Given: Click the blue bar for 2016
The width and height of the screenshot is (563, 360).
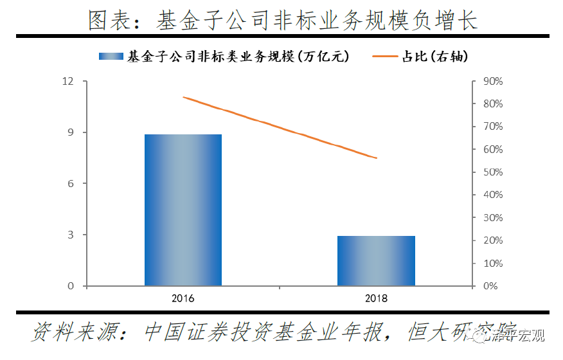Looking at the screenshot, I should tap(183, 210).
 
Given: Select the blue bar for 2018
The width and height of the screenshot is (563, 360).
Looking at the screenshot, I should tap(376, 260).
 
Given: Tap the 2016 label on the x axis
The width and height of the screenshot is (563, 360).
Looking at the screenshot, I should tap(183, 299).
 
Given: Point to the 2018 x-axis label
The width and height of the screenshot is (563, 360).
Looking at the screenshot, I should tap(376, 299).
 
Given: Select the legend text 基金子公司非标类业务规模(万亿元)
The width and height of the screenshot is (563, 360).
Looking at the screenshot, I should tap(238, 57).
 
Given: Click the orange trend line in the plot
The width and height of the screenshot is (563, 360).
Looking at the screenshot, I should tap(280, 127).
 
